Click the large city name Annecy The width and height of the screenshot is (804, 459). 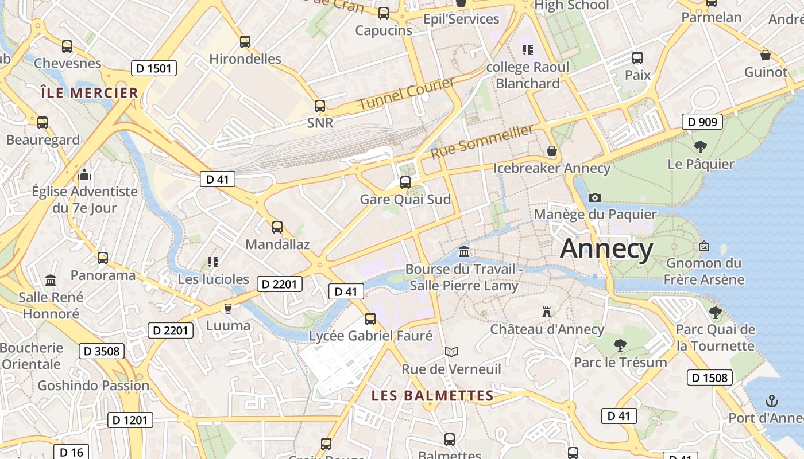(x=606, y=249)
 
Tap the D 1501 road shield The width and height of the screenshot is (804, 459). (x=153, y=69)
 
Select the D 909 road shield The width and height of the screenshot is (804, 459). (x=702, y=122)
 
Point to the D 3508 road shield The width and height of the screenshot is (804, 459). (x=102, y=351)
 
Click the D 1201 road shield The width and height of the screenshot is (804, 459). (x=130, y=420)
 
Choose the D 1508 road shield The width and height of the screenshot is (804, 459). (x=710, y=378)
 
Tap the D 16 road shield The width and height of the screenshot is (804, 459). (x=72, y=452)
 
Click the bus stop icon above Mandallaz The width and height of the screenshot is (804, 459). (x=277, y=227)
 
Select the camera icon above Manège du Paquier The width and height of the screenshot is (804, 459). (x=595, y=198)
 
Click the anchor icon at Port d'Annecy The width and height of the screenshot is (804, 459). (x=772, y=401)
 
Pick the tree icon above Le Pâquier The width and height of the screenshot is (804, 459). (x=701, y=147)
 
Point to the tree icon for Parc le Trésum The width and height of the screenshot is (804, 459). (x=620, y=345)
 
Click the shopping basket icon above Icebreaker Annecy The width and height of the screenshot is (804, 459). (x=552, y=151)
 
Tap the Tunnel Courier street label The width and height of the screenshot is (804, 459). (x=406, y=94)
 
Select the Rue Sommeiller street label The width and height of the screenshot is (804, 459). (x=482, y=142)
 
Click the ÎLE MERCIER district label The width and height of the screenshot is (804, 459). (x=90, y=92)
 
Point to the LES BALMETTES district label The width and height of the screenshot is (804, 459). (x=432, y=395)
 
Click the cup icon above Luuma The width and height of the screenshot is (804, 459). (x=228, y=309)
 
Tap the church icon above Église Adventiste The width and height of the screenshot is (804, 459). (x=84, y=174)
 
